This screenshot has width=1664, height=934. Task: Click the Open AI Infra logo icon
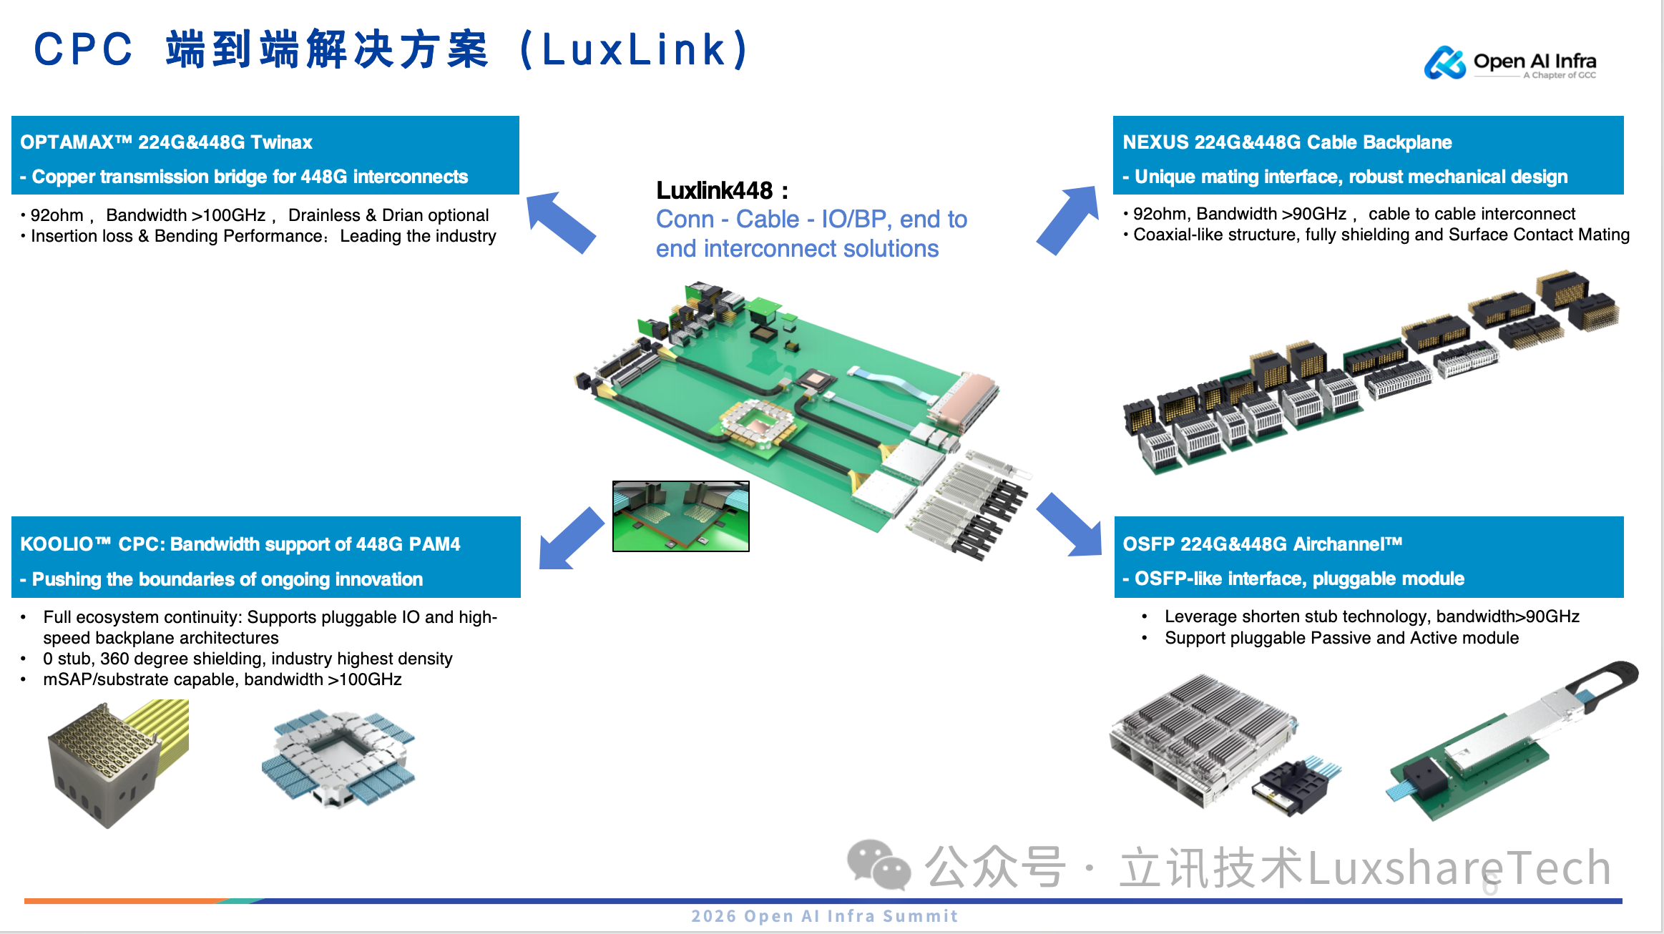click(1444, 63)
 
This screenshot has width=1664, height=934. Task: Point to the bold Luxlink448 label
click(715, 190)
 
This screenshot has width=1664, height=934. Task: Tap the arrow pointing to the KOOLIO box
click(569, 539)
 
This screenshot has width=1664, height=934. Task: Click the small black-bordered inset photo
click(680, 516)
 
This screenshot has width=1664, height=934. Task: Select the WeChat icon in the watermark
click(878, 865)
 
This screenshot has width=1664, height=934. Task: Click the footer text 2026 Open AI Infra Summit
click(824, 916)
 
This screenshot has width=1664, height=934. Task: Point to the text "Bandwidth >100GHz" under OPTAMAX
click(186, 215)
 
